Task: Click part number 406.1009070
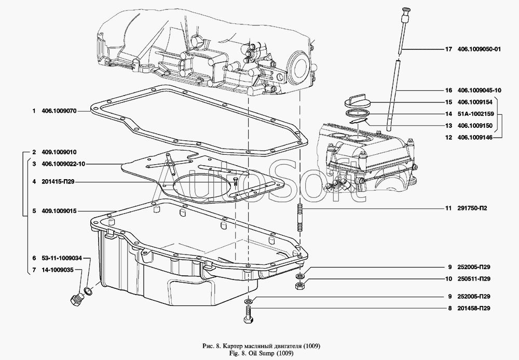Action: point(59,111)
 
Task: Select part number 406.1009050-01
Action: point(479,50)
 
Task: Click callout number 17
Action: point(449,50)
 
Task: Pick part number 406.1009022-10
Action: point(62,164)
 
